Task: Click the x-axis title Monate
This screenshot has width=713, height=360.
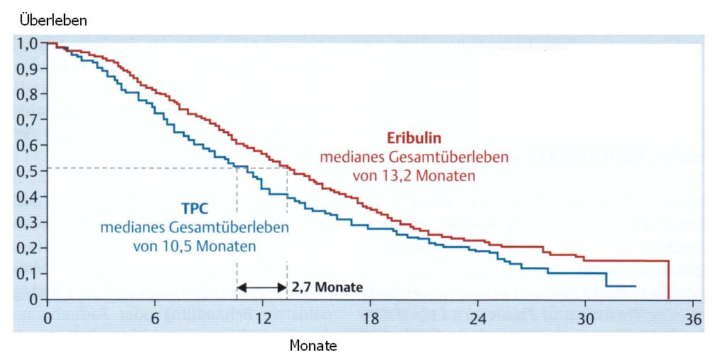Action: pyautogui.click(x=313, y=346)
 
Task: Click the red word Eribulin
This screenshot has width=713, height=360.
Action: pyautogui.click(x=414, y=139)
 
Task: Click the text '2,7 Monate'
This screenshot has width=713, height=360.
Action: pyautogui.click(x=327, y=288)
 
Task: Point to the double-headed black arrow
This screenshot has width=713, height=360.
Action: pyautogui.click(x=262, y=288)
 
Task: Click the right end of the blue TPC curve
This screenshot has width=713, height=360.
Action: pyautogui.click(x=636, y=286)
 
